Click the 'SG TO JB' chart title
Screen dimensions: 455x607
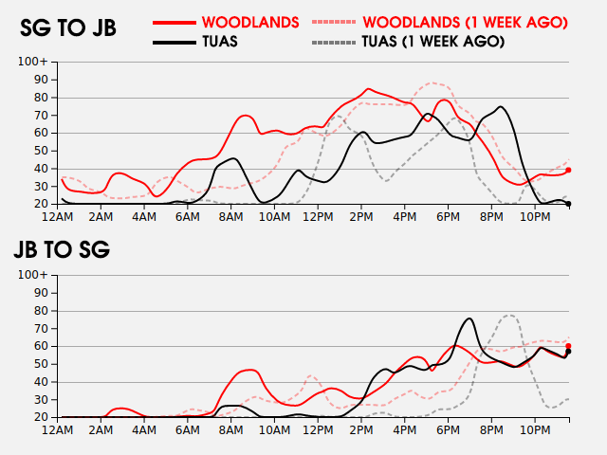point(68,28)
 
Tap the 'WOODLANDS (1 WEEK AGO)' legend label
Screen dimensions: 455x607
point(466,21)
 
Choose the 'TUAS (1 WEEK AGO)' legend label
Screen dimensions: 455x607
point(432,42)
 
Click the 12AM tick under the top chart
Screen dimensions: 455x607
point(60,217)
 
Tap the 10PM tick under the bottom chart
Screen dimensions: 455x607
point(534,430)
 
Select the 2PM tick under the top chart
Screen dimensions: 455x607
point(361,217)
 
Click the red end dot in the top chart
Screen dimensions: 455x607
point(568,170)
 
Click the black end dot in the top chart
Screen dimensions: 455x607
point(568,203)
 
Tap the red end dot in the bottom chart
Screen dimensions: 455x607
point(568,346)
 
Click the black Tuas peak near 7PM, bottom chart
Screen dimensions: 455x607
point(469,318)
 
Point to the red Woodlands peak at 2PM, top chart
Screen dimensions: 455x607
point(368,89)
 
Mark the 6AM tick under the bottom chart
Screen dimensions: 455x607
point(189,430)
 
